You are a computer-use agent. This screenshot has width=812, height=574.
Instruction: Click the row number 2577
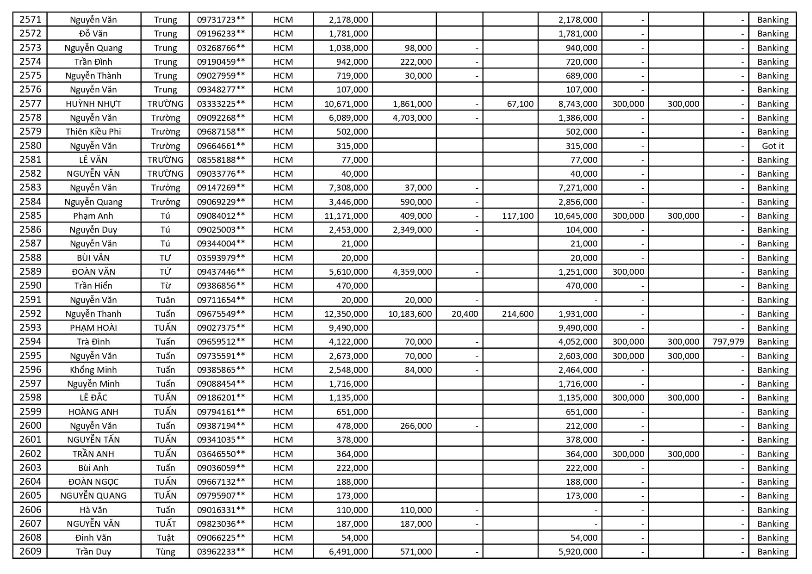[30, 104]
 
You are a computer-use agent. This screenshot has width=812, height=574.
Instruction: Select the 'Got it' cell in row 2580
[773, 146]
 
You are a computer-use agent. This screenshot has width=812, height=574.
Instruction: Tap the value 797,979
[728, 341]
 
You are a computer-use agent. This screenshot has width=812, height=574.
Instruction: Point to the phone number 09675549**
[221, 314]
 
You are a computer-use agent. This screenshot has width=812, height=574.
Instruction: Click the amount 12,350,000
[346, 314]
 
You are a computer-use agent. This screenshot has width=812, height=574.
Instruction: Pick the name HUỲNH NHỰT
[93, 104]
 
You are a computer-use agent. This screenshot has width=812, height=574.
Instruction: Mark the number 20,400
[465, 314]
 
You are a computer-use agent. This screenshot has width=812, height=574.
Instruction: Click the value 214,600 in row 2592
[517, 314]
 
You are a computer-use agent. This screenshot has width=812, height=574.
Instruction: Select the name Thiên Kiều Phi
[93, 131]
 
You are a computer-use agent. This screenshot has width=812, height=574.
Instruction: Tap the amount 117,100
[517, 216]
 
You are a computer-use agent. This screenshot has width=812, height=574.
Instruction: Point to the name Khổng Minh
[93, 370]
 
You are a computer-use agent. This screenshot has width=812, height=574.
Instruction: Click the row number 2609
[30, 551]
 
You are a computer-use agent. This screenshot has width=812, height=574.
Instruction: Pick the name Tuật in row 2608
[165, 537]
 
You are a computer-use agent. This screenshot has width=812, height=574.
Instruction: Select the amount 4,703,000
[412, 117]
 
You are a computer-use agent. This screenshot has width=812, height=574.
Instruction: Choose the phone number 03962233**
[221, 551]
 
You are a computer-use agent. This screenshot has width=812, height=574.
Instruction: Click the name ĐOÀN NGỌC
[93, 481]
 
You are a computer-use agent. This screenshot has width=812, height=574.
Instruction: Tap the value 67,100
[520, 104]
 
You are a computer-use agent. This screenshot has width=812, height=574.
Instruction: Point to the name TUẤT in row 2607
[165, 524]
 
